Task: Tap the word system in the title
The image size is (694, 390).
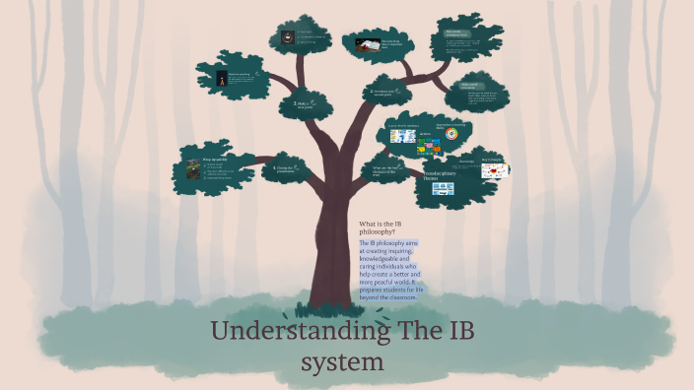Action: [340, 361]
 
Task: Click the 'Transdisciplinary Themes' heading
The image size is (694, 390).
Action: [438, 176]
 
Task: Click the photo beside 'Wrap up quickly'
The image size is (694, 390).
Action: [191, 164]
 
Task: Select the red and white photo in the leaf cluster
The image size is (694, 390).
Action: [365, 44]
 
